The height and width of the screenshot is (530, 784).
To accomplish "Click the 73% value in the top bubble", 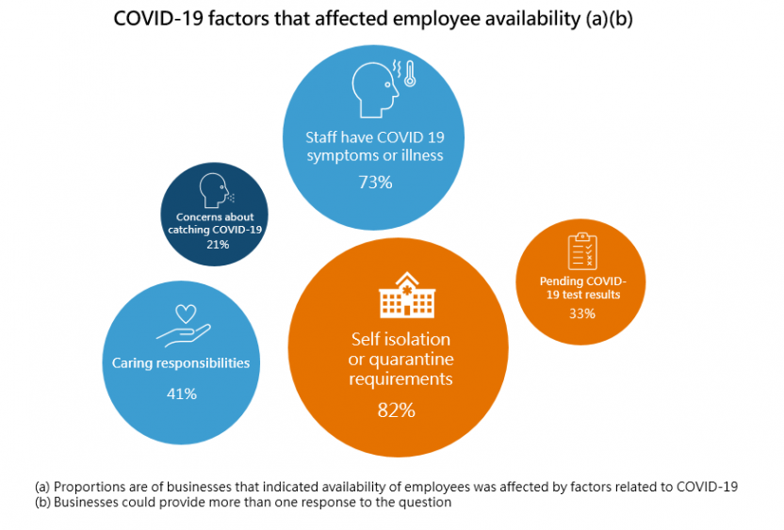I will (x=375, y=183).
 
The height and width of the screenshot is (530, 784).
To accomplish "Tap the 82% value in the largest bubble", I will (x=395, y=410).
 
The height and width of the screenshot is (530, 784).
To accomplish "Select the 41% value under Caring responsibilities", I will (x=181, y=393).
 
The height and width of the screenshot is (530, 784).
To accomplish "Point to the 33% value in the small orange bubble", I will (x=581, y=313).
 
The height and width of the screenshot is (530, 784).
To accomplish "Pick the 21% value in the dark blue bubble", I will (x=218, y=244).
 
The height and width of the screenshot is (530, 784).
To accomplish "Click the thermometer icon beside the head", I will (x=409, y=74).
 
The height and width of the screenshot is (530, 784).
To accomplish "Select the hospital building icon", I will (x=407, y=296).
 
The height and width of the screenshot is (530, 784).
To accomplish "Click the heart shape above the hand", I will (x=187, y=313).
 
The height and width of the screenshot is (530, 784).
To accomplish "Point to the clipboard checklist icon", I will (x=581, y=250).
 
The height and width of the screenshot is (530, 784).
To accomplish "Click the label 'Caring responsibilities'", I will (x=181, y=362).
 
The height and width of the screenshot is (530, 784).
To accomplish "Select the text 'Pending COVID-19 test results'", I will (x=581, y=287).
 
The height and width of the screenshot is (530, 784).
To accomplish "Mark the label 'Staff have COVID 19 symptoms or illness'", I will (x=374, y=146).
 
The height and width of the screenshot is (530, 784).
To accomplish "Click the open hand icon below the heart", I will (x=182, y=333).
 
